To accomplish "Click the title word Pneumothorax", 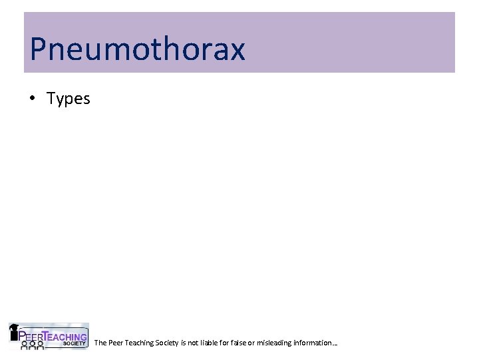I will point(138,49).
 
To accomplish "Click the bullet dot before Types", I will point(32,99).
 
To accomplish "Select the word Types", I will point(68,99).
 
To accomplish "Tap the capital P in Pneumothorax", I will point(39,49).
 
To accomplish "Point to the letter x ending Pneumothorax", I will point(236,51).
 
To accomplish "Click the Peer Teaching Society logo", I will point(48,337).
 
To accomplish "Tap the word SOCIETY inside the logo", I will point(75,343).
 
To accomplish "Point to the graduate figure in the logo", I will point(14,331).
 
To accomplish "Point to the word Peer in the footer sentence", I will point(114,343).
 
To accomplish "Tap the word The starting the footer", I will point(100,343).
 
